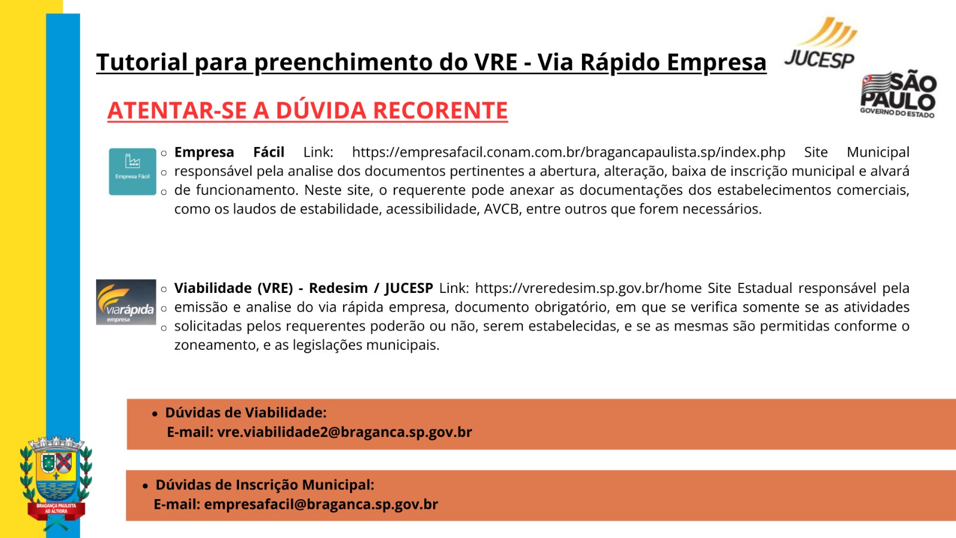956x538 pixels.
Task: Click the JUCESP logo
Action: coord(820,42)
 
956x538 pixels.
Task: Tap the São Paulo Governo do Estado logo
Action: coord(898,93)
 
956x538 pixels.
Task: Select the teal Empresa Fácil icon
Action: coord(132,172)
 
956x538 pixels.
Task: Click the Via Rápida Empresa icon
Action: coord(126,302)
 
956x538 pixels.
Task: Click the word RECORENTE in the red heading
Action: coord(440,110)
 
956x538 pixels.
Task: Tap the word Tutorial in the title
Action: coord(142,62)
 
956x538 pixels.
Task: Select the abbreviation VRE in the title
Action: coord(496,62)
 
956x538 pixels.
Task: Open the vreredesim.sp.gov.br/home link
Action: coord(588,288)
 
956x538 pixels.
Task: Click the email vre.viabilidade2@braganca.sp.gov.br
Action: coord(344,432)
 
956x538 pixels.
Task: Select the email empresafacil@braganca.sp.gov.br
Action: coord(321,505)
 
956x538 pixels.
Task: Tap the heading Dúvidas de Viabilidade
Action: coord(246,412)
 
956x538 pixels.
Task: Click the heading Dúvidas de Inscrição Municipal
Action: coord(265,485)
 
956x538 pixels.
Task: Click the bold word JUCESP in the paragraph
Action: coord(409,288)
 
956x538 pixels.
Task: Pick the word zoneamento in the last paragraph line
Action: coord(216,345)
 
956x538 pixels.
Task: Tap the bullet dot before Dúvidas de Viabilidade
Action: coord(155,414)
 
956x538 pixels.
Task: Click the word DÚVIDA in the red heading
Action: coord(321,110)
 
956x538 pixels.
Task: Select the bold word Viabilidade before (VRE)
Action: coord(213,288)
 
